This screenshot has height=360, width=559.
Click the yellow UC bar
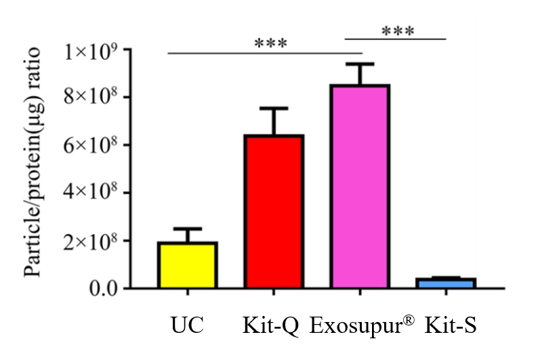188,265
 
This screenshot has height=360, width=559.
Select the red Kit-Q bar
274,212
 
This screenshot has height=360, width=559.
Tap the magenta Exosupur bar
360,186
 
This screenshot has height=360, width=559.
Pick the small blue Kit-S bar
446,283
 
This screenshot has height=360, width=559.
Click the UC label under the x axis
187,326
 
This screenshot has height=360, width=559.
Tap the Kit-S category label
451,326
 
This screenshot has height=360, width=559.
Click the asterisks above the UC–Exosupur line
271,44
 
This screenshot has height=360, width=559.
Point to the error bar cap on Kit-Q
274,108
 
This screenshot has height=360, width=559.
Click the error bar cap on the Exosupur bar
360,64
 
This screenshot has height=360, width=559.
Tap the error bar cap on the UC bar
188,228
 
